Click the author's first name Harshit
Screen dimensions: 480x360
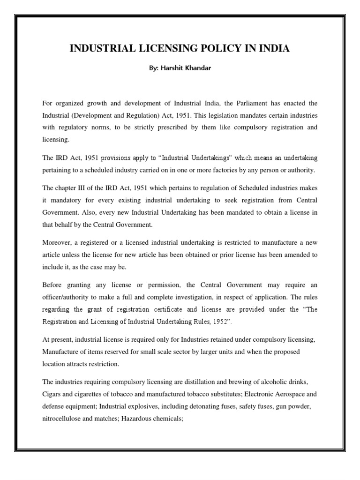[174, 68]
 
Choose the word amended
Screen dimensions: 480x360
[294, 254]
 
